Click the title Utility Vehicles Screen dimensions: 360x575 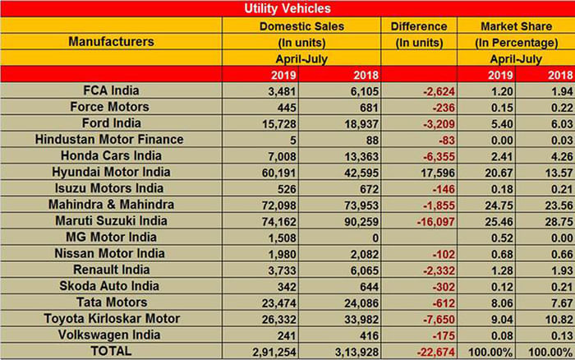[x=287, y=9]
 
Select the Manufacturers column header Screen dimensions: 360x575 [x=111, y=40]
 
